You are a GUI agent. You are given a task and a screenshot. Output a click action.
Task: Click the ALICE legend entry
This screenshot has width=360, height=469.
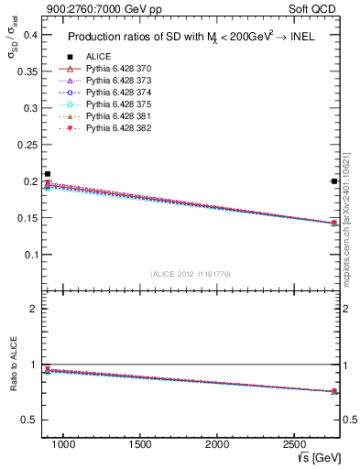98,56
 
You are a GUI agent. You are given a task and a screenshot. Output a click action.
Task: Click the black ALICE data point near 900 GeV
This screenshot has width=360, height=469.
48,174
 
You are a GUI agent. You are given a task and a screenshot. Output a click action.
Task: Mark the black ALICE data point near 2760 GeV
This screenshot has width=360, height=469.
333,181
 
